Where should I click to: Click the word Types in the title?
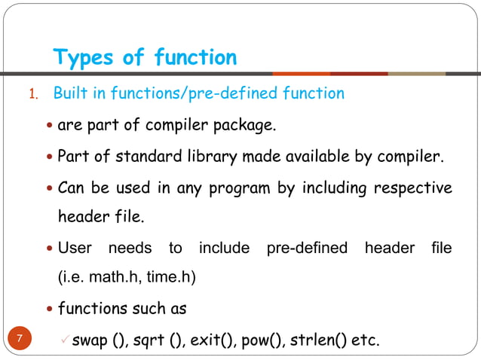click(84, 57)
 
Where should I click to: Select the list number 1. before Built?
click(33, 95)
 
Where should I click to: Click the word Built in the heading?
click(70, 94)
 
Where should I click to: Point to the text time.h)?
click(168, 278)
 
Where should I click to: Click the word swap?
click(90, 340)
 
